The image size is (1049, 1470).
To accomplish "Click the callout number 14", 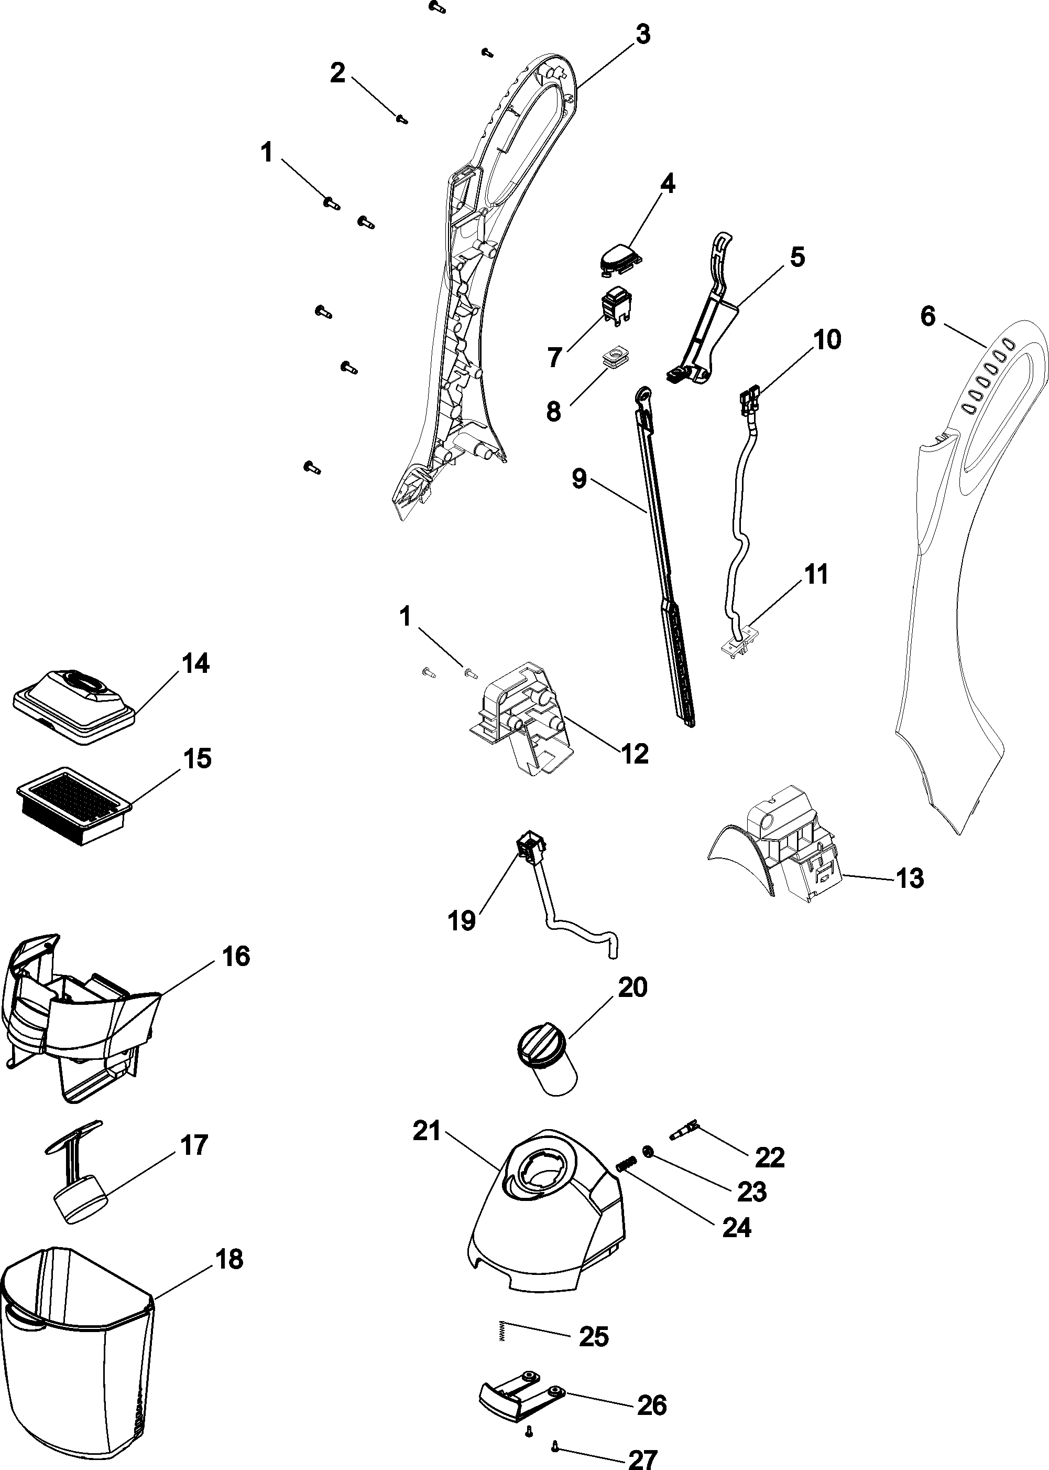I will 196,663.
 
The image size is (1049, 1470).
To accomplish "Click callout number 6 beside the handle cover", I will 927,317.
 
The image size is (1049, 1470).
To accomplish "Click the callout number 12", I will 635,753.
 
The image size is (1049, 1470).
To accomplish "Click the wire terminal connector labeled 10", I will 749,399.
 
